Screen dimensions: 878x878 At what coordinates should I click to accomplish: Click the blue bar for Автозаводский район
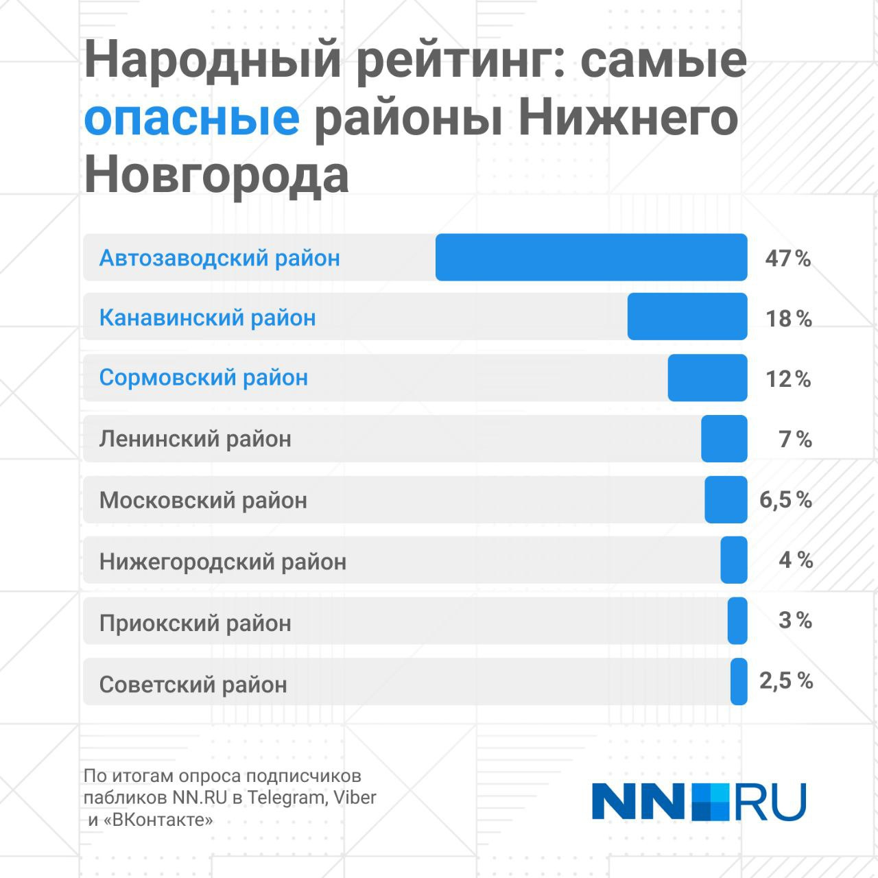pos(591,257)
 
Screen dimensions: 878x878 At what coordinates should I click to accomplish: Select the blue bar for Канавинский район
pos(687,316)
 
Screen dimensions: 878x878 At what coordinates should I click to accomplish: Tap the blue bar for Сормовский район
pos(707,377)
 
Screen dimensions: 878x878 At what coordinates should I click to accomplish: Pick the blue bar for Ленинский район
pos(724,438)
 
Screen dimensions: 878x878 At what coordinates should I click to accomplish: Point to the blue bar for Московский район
pos(726,499)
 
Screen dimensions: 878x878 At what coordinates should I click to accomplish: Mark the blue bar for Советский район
pos(739,681)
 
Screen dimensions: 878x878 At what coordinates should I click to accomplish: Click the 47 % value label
pos(788,259)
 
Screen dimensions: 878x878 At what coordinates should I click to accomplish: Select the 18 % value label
pos(789,318)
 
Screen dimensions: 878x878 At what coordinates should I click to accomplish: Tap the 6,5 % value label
pos(785,500)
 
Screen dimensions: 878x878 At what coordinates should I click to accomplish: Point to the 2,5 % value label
pos(786,681)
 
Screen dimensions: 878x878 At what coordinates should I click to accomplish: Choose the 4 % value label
pos(796,560)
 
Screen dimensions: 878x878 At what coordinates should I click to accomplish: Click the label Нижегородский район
pos(223,562)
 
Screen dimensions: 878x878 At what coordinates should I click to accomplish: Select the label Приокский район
pos(195,623)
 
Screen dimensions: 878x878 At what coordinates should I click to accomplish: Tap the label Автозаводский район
pos(219,258)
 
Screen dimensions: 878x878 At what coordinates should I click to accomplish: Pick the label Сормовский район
pos(204,377)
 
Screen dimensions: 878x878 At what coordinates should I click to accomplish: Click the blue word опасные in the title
pos(192,118)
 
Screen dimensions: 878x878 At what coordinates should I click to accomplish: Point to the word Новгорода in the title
pos(217,175)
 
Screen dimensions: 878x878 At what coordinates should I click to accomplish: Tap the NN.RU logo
pos(699,801)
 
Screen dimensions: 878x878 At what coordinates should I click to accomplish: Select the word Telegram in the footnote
pos(287,798)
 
